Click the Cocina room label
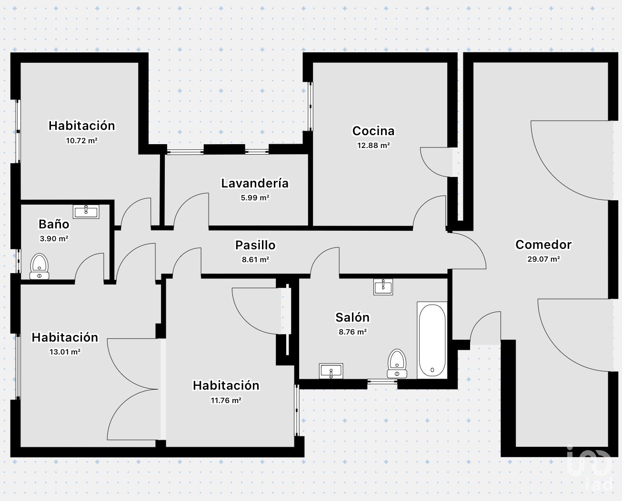point(373,131)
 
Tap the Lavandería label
point(255,183)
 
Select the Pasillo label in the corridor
point(255,245)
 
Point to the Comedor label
point(543,245)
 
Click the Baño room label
point(54,224)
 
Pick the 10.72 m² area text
point(81,141)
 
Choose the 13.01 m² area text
point(65,352)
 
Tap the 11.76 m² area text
point(226,400)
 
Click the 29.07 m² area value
point(543,259)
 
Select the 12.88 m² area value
point(373,145)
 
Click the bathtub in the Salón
point(432,340)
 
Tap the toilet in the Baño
point(40,266)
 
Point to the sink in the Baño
point(86,212)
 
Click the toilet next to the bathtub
point(397,363)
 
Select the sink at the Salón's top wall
point(383,287)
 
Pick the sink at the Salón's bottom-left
point(331,371)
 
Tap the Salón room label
point(352,317)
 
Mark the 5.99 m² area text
point(255,198)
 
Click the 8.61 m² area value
point(255,260)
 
